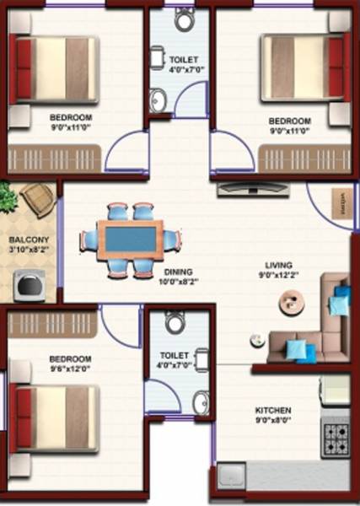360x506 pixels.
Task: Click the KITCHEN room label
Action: (x=273, y=411)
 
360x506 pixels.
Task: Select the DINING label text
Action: (x=179, y=272)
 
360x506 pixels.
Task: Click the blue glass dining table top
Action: (x=131, y=240)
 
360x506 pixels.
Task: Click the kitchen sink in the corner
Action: (x=230, y=478)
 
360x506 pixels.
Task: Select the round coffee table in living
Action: (x=292, y=301)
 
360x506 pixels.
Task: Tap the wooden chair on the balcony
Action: (x=39, y=200)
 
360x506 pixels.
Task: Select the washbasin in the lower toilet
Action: (x=201, y=402)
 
